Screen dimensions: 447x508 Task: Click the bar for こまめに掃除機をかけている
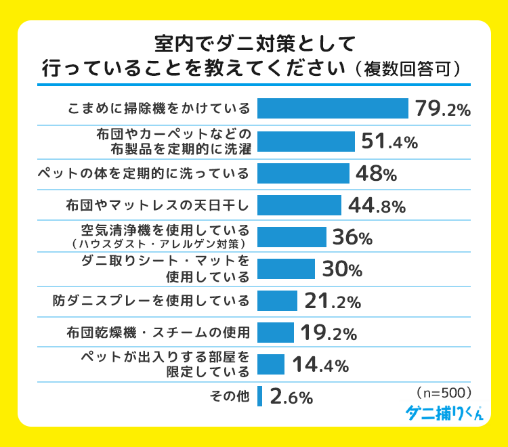pyautogui.click(x=333, y=108)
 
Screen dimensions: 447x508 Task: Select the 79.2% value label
pyautogui.click(x=443, y=109)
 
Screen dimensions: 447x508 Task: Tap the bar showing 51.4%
pyautogui.click(x=306, y=141)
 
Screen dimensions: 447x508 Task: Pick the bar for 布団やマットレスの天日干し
pyautogui.click(x=299, y=205)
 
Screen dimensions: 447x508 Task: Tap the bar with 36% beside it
pyautogui.click(x=292, y=237)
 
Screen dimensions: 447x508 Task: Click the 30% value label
pyautogui.click(x=342, y=269)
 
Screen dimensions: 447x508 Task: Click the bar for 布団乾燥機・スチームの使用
pyautogui.click(x=276, y=333)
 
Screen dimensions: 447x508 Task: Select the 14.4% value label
pyautogui.click(x=320, y=365)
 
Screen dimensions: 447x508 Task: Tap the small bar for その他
pyautogui.click(x=259, y=396)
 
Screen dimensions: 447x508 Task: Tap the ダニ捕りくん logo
pyautogui.click(x=444, y=413)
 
